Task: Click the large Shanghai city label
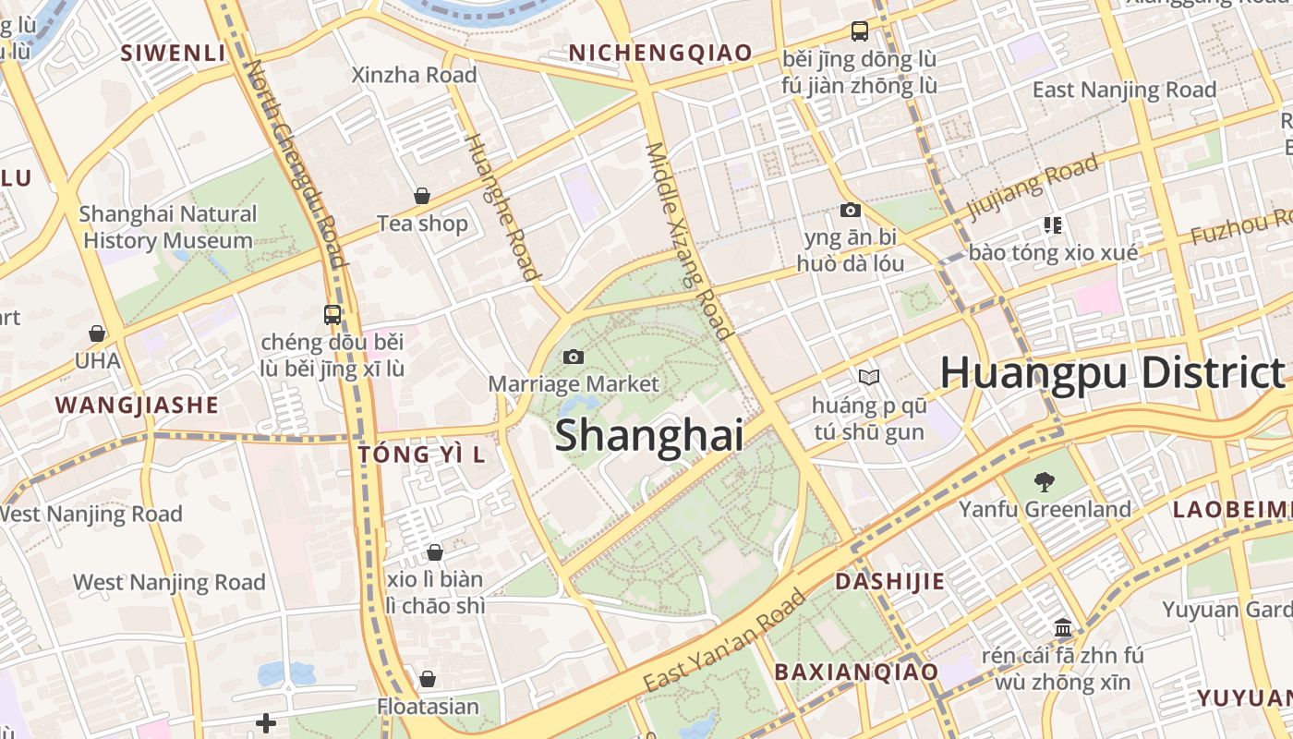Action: (x=648, y=435)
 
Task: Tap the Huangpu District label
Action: (x=1112, y=373)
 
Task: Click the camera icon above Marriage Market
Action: (x=574, y=357)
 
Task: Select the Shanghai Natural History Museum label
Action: (x=168, y=227)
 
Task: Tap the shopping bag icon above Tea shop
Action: (x=422, y=196)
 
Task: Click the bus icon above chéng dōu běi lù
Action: (x=332, y=314)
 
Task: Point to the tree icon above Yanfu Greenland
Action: (x=1045, y=481)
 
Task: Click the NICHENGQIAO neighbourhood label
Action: (x=660, y=53)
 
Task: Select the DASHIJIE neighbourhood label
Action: (x=890, y=581)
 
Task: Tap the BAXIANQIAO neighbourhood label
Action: (x=856, y=672)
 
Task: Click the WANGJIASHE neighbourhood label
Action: (x=137, y=405)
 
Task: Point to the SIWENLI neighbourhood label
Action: (x=174, y=53)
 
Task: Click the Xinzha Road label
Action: (x=415, y=75)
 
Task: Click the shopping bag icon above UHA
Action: (x=97, y=333)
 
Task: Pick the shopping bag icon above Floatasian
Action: (x=428, y=679)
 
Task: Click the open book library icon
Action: (x=868, y=377)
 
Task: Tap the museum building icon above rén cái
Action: (x=1062, y=627)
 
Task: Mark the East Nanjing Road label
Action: (x=1124, y=90)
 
